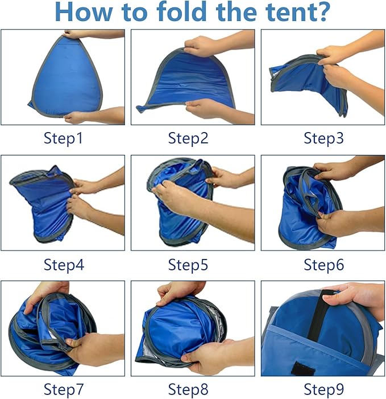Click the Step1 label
(63, 138)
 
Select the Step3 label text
(323, 138)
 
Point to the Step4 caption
(63, 264)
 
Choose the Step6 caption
(323, 264)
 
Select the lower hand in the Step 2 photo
(205, 108)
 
